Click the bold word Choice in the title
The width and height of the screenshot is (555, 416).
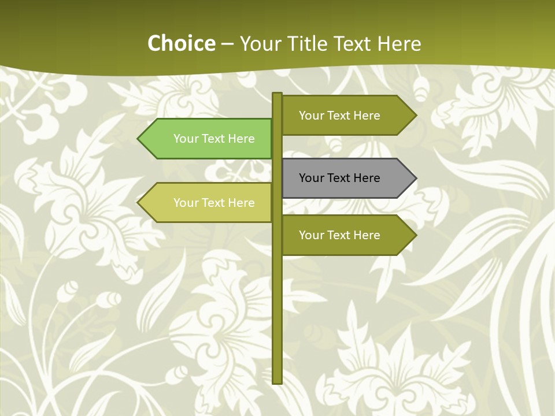pos(181,43)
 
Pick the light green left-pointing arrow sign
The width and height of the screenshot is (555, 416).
pos(208,139)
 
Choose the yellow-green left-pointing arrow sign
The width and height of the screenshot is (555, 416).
pos(208,203)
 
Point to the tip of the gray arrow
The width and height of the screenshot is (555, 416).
pos(415,178)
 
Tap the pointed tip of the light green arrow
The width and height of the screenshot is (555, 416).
pos(139,139)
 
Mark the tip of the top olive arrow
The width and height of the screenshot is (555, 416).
pos(415,116)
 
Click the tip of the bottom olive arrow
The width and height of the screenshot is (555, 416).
pos(415,235)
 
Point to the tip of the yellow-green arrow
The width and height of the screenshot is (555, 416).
pos(139,203)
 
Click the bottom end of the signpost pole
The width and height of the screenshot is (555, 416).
pos(277,381)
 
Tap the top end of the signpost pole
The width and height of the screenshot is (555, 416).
pos(277,95)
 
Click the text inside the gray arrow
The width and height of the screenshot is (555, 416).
pos(339,178)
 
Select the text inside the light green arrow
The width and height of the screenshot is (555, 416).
pos(214,139)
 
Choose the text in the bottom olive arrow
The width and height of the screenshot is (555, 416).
pos(339,235)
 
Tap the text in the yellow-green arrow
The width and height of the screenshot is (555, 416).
pos(214,203)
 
